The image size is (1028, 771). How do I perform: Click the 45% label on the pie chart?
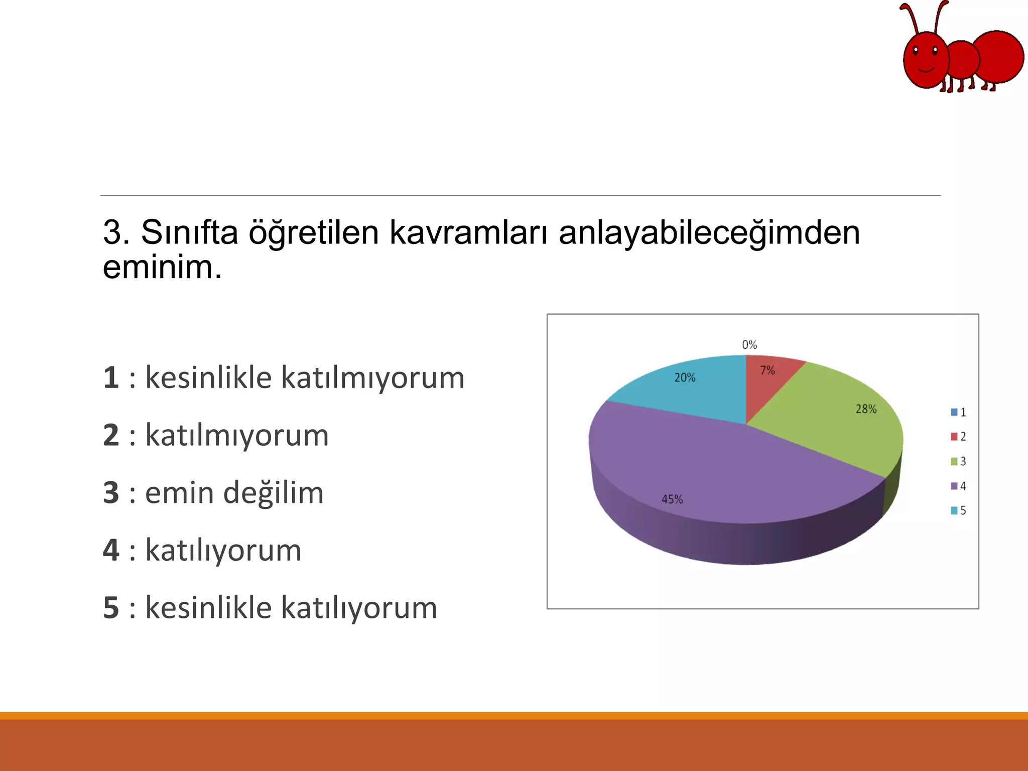[x=672, y=499]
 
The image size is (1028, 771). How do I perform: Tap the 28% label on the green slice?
[x=866, y=409]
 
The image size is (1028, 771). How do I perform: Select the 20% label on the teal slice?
[x=685, y=377]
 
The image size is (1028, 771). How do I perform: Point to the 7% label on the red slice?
[x=767, y=370]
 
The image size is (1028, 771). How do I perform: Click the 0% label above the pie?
[x=749, y=345]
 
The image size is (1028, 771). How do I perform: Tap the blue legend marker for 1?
[x=954, y=412]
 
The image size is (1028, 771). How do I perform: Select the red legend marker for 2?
[x=954, y=437]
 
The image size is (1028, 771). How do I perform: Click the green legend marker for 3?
[x=954, y=461]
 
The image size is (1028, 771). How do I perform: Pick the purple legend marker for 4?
[x=954, y=486]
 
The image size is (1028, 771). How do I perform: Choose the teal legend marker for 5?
[x=954, y=510]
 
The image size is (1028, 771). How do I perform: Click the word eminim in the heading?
[x=162, y=267]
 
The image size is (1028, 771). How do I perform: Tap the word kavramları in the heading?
[x=468, y=232]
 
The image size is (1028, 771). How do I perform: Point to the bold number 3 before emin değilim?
[x=111, y=493]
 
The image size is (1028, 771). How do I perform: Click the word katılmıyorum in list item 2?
[x=237, y=435]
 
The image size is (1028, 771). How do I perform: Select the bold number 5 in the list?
[x=111, y=608]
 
